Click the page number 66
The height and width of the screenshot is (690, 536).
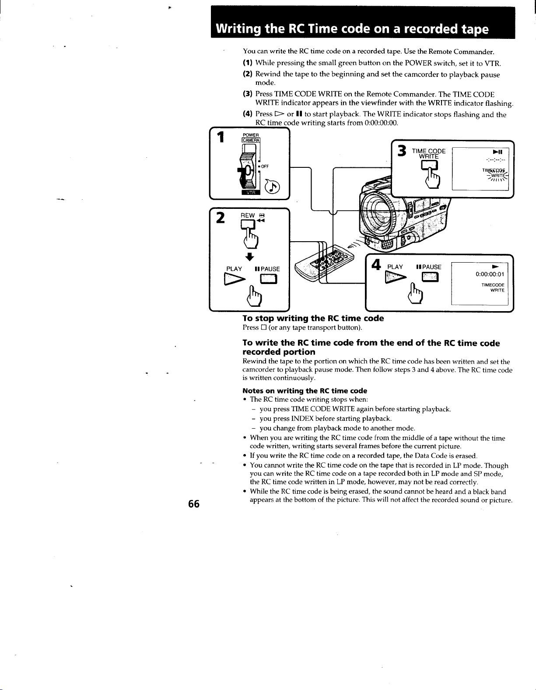193,503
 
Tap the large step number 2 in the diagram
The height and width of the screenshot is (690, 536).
220,218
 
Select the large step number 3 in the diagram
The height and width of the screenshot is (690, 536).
402,151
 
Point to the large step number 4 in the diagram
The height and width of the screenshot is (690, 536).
376,265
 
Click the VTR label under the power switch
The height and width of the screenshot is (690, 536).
251,192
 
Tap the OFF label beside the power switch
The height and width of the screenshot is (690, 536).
265,166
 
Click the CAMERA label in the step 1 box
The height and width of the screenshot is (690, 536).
251,140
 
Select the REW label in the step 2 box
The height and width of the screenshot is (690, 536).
248,215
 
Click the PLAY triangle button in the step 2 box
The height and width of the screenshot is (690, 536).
234,279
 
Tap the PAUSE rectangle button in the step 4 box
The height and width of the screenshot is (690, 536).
430,277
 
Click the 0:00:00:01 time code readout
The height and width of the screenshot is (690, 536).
490,274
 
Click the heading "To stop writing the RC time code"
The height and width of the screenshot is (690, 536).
313,318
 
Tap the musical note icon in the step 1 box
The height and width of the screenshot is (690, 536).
273,187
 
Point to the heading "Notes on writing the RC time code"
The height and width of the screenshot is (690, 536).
305,391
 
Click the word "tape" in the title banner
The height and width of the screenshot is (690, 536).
475,29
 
